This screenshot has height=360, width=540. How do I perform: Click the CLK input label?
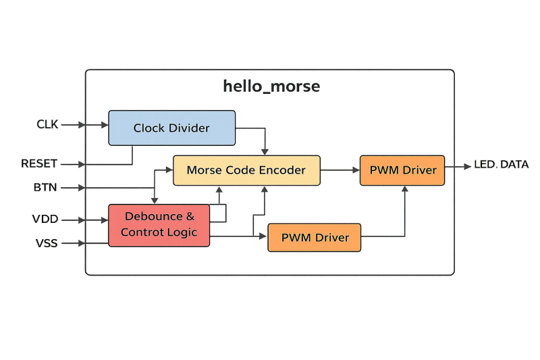tap(48, 124)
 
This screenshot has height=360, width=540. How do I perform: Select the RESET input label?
tap(39, 163)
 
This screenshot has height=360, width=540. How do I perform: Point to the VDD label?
tap(45, 220)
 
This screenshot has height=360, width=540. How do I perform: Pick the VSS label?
tap(45, 242)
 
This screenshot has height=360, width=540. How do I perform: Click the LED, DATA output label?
tap(502, 165)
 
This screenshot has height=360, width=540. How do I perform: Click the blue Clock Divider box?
tap(172, 128)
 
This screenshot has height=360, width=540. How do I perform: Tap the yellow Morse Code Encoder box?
tap(246, 170)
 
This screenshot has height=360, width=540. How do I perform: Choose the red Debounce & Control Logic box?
tap(159, 224)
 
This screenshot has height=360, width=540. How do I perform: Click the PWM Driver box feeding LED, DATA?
tap(403, 170)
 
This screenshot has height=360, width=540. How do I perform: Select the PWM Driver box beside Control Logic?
tap(315, 237)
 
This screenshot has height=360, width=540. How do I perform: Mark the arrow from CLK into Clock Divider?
tap(94, 125)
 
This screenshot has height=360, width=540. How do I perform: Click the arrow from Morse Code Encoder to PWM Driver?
tap(340, 171)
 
